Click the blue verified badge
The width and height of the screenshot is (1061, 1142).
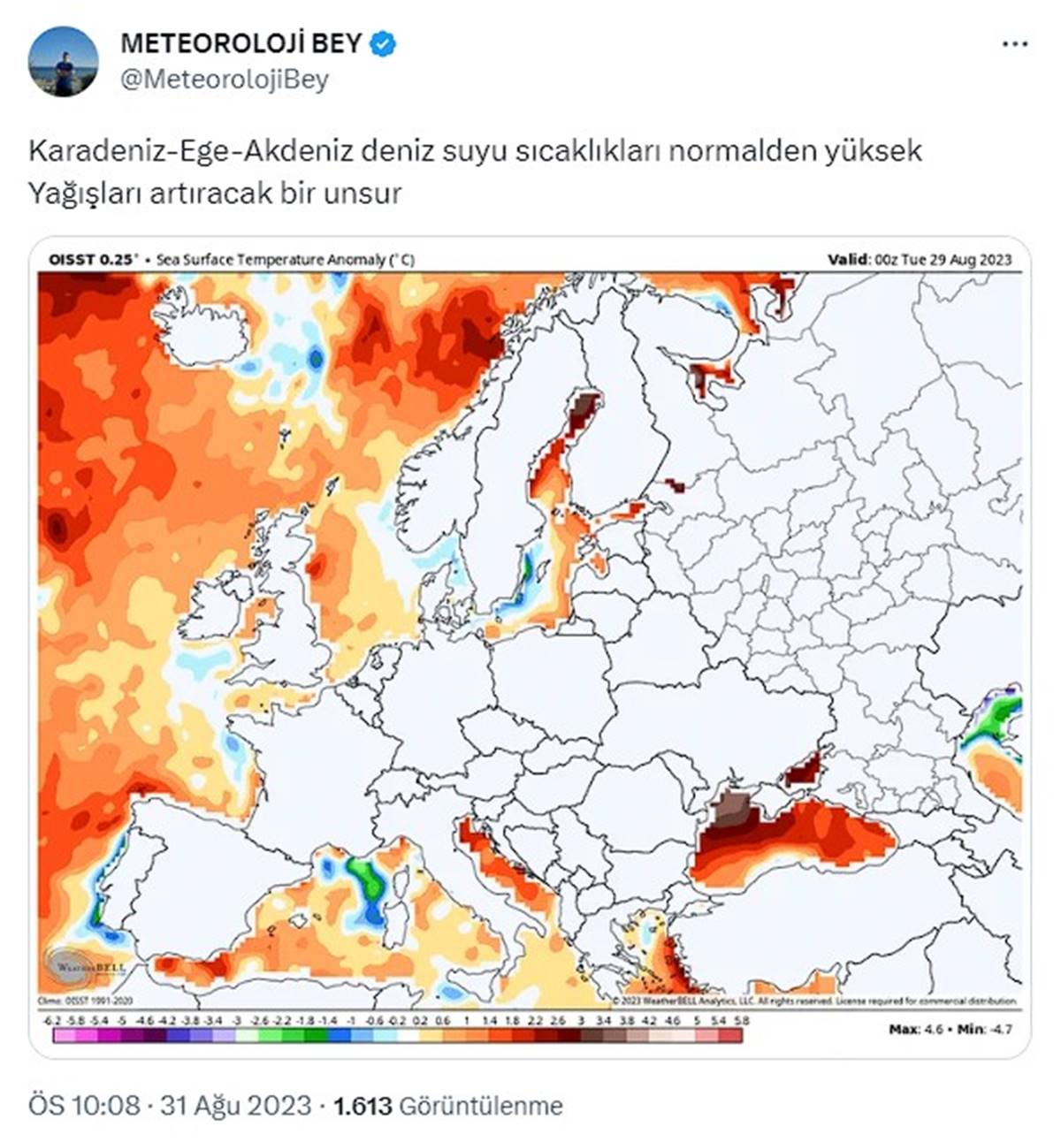[x=382, y=43]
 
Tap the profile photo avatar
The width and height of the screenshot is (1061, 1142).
[x=63, y=61]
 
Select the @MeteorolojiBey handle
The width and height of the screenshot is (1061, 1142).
[x=224, y=80]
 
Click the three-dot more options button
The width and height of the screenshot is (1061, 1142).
[x=1015, y=44]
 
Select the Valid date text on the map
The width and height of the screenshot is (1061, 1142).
[x=919, y=260]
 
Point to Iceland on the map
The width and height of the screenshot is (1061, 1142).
[x=201, y=327]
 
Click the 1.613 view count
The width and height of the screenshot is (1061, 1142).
[x=363, y=1105]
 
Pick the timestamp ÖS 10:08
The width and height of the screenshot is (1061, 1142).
[x=85, y=1105]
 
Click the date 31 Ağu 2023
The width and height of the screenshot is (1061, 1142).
[x=235, y=1105]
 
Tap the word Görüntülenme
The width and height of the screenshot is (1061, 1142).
[x=481, y=1105]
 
